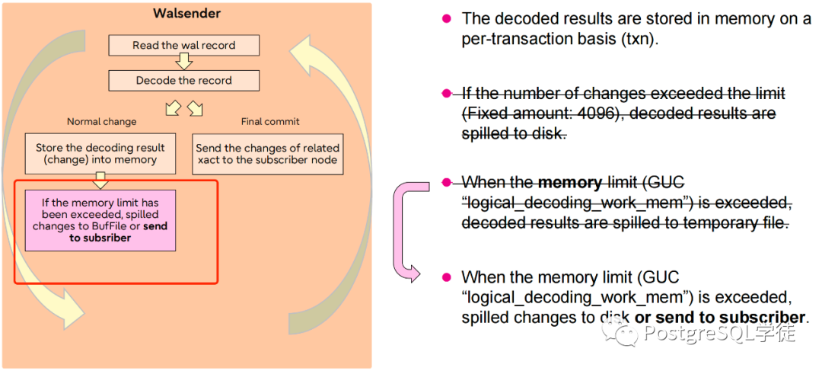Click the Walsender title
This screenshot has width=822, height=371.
coord(186,14)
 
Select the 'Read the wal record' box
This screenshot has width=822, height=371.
coord(184,45)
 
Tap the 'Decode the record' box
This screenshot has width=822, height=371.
coord(184,80)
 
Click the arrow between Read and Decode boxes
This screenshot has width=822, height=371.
coord(184,62)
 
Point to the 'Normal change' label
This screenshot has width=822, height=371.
coord(102,121)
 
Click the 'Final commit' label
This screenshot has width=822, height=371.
coord(270,121)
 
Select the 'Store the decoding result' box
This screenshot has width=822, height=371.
coord(100,153)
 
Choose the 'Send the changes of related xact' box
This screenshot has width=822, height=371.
coord(268,153)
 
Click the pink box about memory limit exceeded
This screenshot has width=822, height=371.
coord(100,220)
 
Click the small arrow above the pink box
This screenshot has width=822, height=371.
coord(100,181)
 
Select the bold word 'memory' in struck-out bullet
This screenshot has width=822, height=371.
coord(570,183)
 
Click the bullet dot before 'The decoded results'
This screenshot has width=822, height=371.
coord(446,18)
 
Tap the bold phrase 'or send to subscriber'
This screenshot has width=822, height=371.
coord(719,318)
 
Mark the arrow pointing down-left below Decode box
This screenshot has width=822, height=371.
coord(173,108)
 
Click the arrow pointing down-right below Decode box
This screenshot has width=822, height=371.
coord(195,108)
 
